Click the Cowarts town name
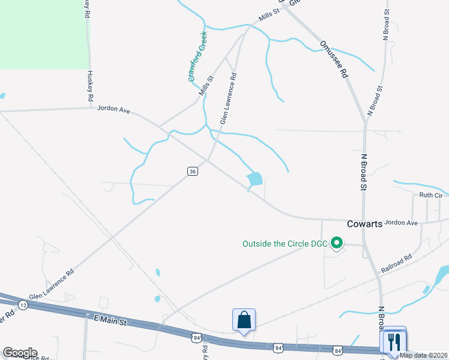364,224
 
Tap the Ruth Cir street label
430,195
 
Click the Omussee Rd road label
334,59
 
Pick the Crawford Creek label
197,56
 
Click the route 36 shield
192,172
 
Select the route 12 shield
23,305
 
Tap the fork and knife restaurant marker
394,341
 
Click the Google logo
20,353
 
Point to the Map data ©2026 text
423,355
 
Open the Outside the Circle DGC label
285,244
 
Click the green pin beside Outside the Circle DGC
337,243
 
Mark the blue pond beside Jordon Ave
255,178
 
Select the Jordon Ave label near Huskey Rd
113,110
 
